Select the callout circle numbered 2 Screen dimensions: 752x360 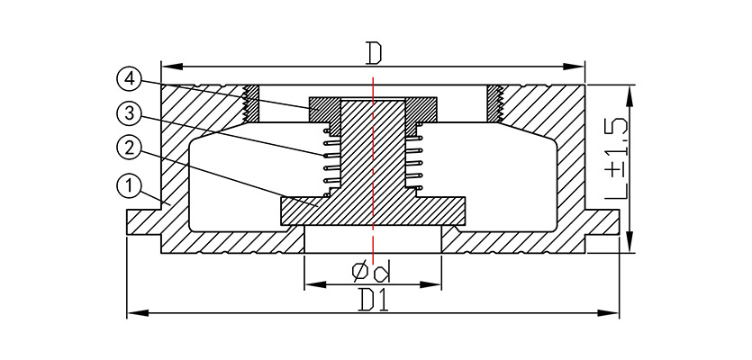(129, 149)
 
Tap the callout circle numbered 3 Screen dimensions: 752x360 (129, 114)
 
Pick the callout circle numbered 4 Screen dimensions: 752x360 (129, 79)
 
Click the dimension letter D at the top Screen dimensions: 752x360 (373, 53)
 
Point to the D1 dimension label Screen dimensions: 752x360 (374, 300)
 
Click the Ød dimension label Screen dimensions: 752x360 (371, 273)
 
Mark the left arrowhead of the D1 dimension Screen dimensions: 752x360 (138, 313)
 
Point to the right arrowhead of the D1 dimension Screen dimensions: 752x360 (608, 313)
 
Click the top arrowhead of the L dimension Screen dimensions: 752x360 (630, 96)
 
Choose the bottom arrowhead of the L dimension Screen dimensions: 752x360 (630, 242)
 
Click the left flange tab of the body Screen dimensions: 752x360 (143, 222)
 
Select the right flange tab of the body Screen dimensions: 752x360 (602, 222)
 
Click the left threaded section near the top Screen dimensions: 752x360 (251, 103)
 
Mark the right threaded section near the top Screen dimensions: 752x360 (495, 103)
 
